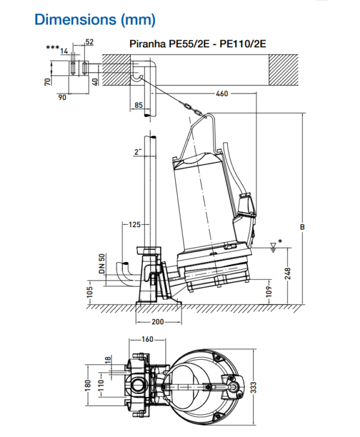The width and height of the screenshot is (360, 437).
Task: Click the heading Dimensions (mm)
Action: [95, 19]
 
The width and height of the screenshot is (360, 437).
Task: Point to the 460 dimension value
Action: [223, 94]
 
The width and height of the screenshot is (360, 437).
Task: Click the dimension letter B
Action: [303, 227]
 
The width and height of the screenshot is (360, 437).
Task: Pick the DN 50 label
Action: [102, 264]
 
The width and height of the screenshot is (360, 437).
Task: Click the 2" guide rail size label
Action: [138, 153]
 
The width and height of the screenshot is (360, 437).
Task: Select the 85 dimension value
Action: [138, 106]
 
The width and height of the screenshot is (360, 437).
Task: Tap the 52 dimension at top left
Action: [89, 42]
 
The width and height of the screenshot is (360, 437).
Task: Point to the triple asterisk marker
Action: [52, 47]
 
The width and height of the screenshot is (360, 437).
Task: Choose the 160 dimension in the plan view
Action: [146, 339]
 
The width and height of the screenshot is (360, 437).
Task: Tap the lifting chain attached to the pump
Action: [191, 107]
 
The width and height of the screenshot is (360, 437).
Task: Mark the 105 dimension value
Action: [90, 291]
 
